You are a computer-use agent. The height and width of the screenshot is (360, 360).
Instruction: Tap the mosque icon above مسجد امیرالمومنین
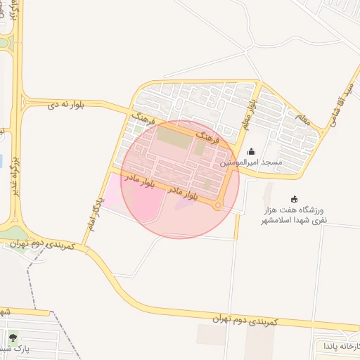pos(252,151)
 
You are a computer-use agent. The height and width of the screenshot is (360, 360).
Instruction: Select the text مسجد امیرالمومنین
pos(252,162)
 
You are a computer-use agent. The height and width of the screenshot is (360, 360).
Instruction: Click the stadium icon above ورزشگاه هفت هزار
pos(294,199)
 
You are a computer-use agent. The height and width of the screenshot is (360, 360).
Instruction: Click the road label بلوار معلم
pos(250,112)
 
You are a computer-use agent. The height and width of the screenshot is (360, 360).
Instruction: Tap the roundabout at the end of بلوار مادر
pos(218,205)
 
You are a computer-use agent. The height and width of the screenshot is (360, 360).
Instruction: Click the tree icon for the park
pos(13,337)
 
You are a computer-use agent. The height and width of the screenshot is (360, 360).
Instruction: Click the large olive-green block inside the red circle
pos(173,137)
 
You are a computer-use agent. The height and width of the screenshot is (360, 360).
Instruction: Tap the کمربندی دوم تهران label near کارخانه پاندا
pos(245,321)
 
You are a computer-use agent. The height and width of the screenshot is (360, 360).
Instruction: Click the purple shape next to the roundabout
pos(186,204)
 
